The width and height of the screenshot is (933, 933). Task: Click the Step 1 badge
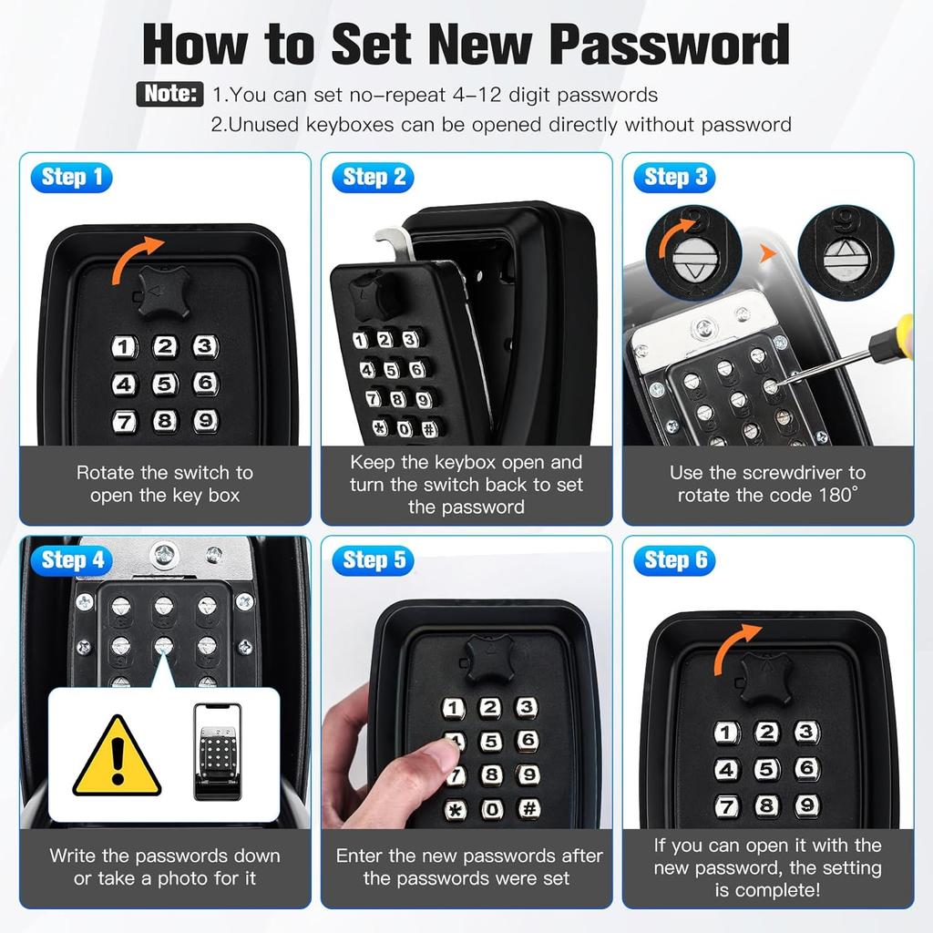73,177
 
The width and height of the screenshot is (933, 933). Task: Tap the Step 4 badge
73,559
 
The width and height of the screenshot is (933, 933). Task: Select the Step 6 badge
675,559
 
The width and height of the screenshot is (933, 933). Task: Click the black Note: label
170,93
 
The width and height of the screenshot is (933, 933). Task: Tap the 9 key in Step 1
206,421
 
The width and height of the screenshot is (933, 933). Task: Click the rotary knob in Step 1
164,292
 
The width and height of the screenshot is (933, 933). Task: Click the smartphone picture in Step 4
217,751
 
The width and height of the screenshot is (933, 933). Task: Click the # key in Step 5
528,808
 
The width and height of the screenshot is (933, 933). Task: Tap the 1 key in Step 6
726,733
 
